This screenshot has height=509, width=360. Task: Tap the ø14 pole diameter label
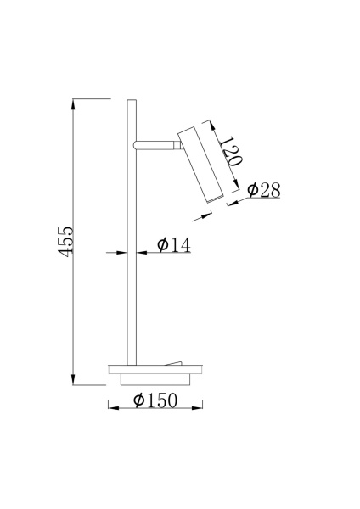click(173, 244)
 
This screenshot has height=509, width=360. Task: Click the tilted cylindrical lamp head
click(198, 163)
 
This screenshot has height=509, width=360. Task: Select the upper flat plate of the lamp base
click(154, 368)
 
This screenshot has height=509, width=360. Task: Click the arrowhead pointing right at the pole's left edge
click(122, 252)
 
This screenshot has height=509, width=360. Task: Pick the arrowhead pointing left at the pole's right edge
click(138, 252)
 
